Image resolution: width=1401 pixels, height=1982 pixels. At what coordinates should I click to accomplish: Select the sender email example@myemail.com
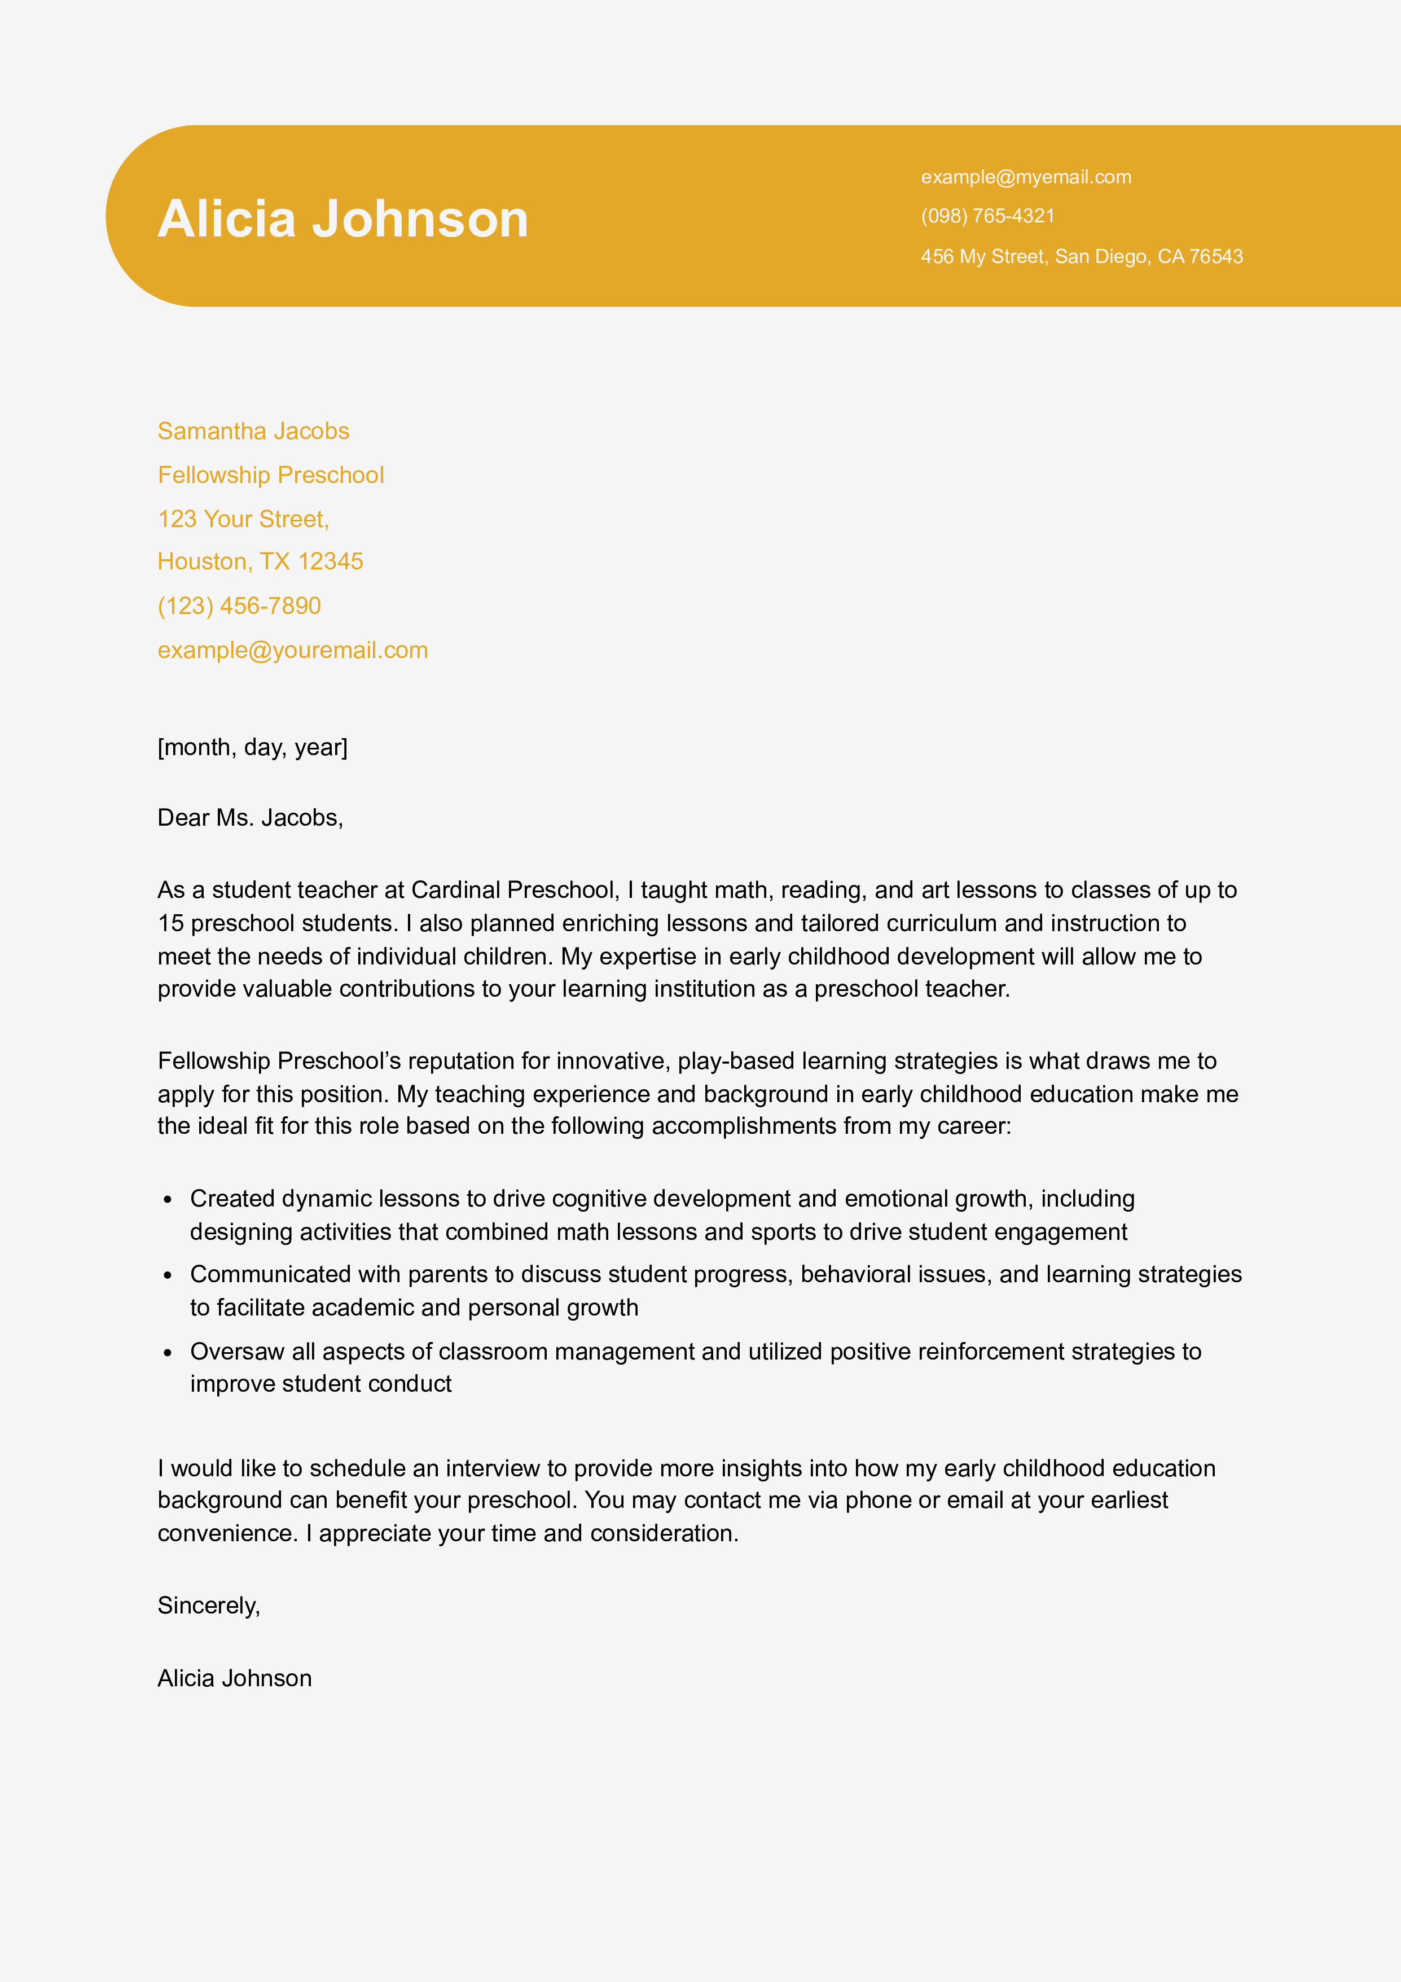1026,177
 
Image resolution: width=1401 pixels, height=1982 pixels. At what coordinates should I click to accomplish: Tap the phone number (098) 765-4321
987,216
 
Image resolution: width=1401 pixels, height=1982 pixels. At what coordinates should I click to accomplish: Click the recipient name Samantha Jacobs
253,431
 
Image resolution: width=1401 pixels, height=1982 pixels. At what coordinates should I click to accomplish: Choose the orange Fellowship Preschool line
270,475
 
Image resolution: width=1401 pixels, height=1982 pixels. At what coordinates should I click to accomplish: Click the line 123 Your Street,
243,519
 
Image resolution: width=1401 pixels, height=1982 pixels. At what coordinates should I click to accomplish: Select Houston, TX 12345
260,561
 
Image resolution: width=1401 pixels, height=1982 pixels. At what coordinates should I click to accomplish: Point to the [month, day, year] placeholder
252,747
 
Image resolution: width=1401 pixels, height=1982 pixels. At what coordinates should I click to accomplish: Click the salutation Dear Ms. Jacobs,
249,818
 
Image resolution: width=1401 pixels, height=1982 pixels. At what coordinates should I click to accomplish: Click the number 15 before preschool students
170,923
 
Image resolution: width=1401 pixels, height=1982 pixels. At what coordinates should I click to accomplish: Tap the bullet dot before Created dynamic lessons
168,1199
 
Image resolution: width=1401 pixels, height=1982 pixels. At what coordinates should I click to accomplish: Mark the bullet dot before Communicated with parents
168,1275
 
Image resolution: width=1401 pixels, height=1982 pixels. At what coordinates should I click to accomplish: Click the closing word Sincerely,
208,1605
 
